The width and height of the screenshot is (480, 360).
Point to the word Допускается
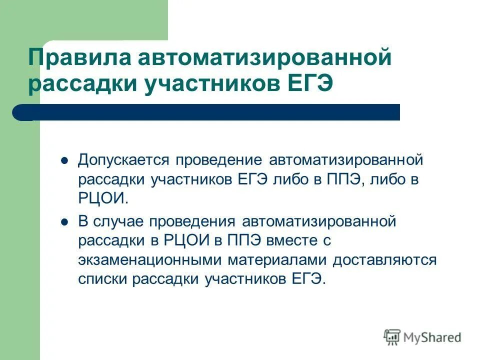pos(123,160)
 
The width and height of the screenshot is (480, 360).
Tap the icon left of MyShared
pos(392,337)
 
